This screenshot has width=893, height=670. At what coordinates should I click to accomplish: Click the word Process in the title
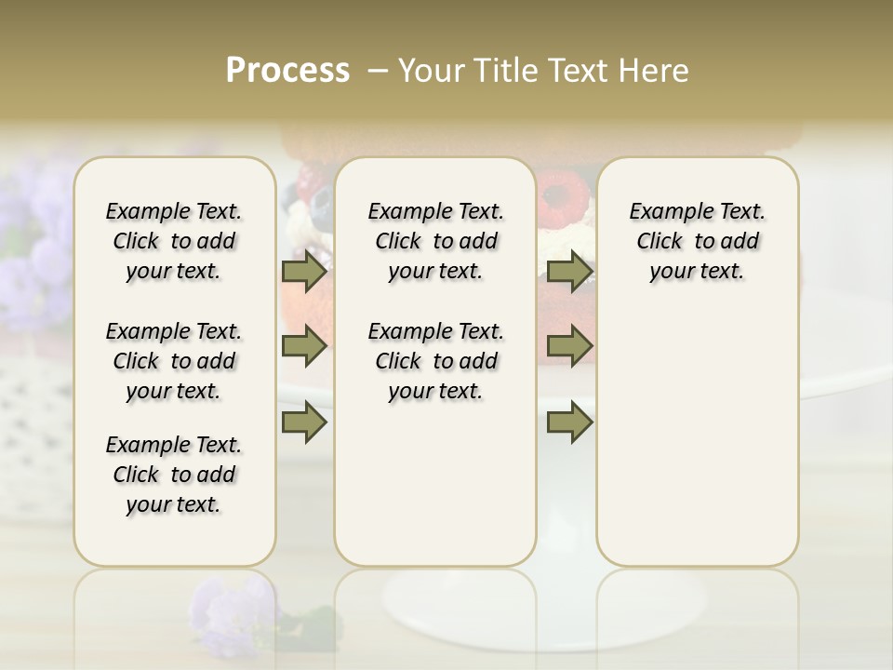[287, 71]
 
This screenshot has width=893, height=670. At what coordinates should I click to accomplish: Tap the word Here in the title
[651, 71]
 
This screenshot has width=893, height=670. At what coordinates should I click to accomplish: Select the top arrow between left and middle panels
[304, 272]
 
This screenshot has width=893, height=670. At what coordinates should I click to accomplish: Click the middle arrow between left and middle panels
[304, 347]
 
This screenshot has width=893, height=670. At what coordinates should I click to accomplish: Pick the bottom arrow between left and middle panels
[304, 422]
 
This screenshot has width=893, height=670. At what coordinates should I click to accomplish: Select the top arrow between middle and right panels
[569, 272]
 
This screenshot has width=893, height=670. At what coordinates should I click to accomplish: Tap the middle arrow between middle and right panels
[569, 347]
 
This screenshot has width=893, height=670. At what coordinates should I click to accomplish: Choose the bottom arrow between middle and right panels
[569, 422]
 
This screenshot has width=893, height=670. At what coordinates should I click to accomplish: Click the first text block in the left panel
[174, 241]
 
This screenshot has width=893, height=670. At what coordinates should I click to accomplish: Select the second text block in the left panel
[174, 361]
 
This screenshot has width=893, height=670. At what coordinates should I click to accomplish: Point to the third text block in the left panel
[174, 475]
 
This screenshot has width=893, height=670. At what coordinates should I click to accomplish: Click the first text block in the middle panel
[435, 241]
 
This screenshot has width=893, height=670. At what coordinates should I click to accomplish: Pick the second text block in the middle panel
[435, 361]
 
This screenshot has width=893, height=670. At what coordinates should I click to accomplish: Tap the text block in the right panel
[697, 241]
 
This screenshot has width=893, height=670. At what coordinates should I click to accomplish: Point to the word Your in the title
[432, 71]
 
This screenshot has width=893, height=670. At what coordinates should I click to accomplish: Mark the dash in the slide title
[378, 71]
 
